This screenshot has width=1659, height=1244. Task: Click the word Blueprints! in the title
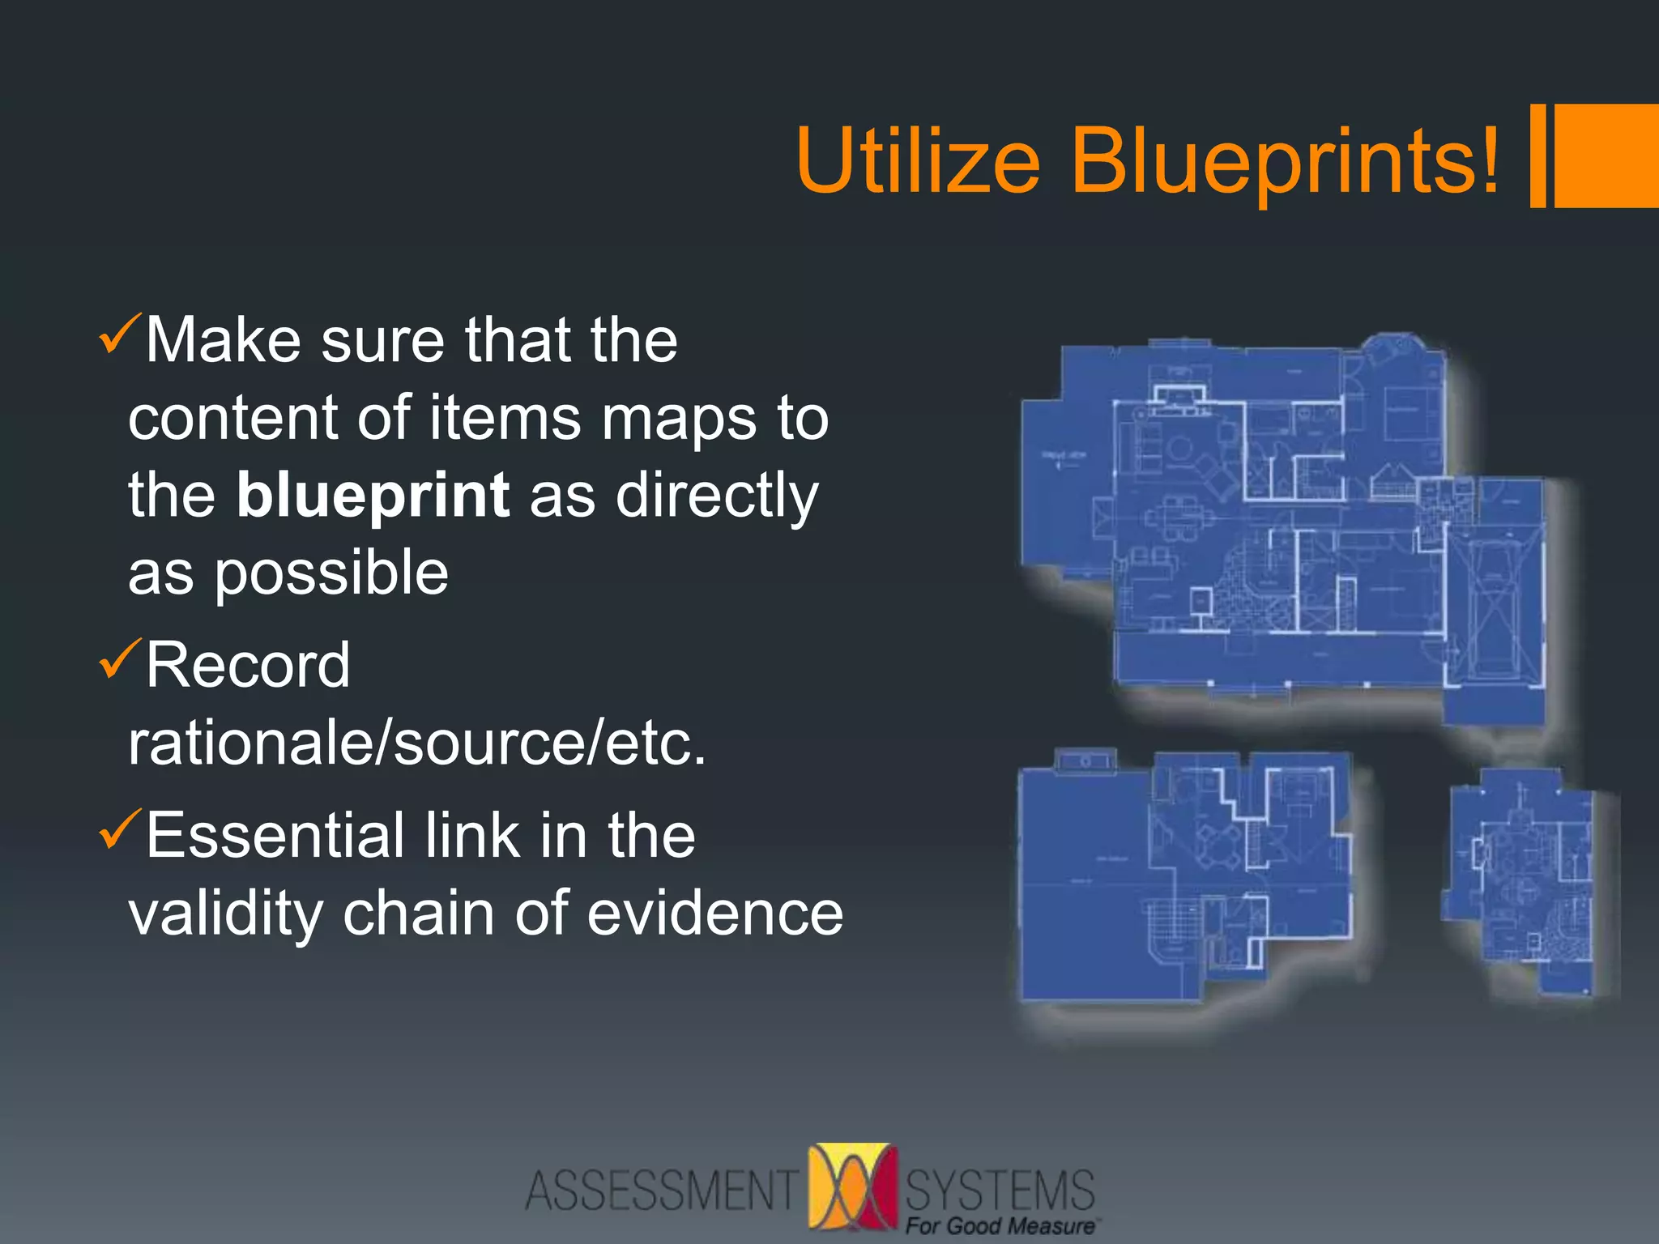click(x=1285, y=162)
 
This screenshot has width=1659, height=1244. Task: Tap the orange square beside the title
click(x=1606, y=155)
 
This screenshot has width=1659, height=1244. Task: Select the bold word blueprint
click(x=373, y=496)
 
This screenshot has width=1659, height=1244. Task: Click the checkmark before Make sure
click(x=119, y=334)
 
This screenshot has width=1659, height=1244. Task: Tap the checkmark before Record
click(x=119, y=659)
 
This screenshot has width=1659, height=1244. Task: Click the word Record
click(x=248, y=666)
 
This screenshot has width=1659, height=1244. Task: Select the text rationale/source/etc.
click(x=417, y=743)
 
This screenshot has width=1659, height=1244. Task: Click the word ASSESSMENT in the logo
click(x=661, y=1191)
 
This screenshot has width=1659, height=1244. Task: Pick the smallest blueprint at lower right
click(x=1523, y=883)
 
